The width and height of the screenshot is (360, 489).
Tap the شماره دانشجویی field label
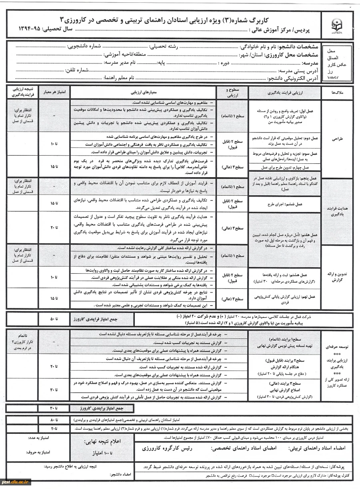pyautogui.click(x=81, y=47)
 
